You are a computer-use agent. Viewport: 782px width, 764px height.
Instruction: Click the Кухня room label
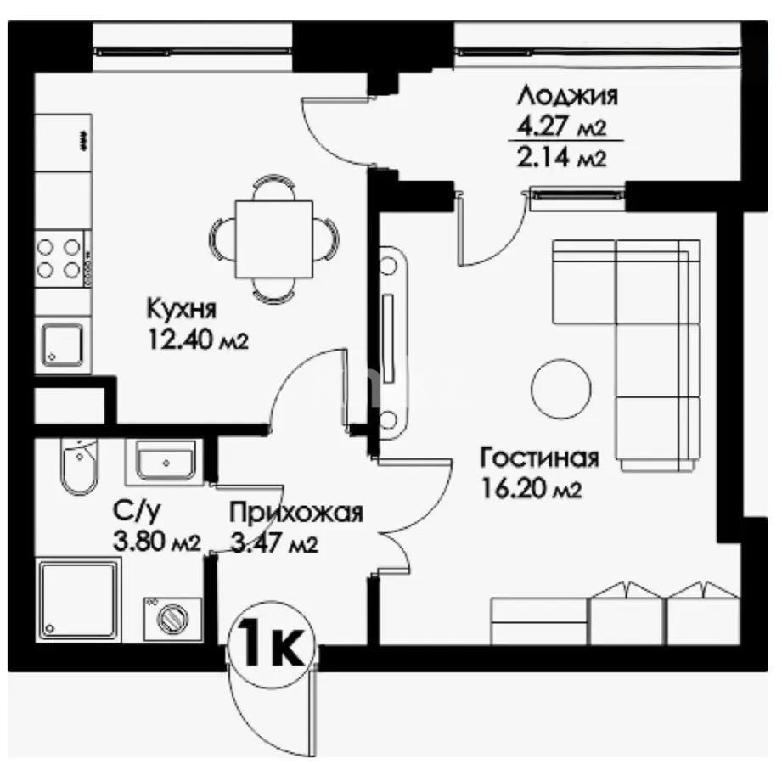[182, 309]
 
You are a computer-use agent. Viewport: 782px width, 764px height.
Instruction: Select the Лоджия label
[567, 96]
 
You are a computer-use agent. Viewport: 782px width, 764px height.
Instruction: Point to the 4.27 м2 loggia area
[562, 127]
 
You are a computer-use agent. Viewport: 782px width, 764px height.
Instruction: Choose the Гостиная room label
[539, 458]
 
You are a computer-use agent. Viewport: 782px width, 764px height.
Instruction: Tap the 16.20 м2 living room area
[532, 489]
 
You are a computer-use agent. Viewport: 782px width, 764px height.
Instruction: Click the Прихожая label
[296, 514]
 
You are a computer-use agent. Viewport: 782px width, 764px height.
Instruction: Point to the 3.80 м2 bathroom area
[157, 542]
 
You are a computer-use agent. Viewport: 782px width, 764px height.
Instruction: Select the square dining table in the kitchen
[273, 239]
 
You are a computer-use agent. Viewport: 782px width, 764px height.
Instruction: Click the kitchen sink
[62, 344]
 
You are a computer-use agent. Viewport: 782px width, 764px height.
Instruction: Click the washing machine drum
[173, 619]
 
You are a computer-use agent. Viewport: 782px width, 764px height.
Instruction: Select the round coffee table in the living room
[560, 389]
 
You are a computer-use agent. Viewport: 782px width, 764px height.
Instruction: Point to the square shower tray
[79, 600]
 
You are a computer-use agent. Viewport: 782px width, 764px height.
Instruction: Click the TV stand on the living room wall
[393, 343]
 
